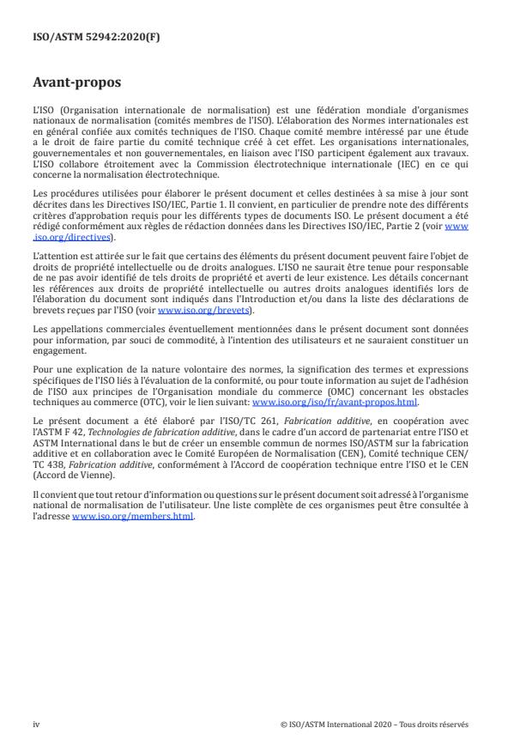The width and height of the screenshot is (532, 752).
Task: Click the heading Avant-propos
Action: coord(76,83)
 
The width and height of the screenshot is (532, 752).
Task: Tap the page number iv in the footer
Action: coord(35,724)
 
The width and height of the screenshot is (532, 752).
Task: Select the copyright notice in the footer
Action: coord(374,724)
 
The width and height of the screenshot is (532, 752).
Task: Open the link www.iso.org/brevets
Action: coord(194,311)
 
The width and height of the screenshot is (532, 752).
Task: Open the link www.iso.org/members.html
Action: coord(134,517)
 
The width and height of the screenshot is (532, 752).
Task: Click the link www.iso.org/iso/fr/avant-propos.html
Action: coord(323,400)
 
